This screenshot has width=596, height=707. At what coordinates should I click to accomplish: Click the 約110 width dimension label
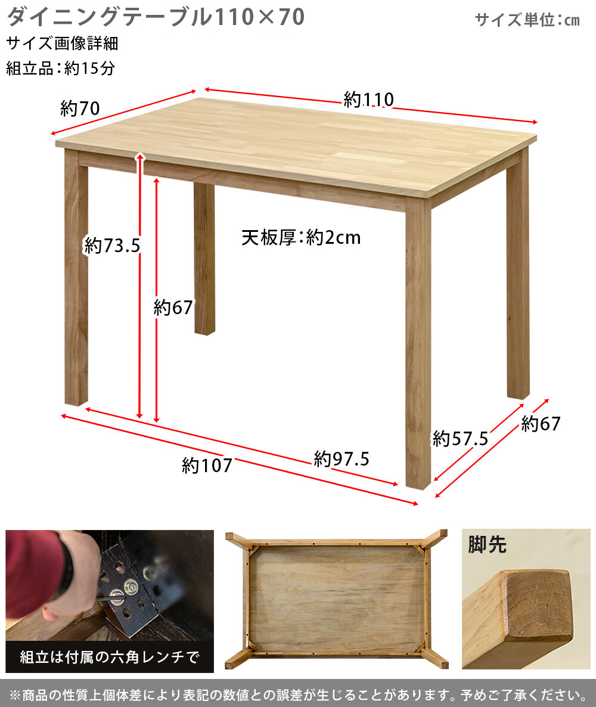(x=368, y=100)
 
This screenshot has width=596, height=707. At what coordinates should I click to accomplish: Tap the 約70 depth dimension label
(x=80, y=108)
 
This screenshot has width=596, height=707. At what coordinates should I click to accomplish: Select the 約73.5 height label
(x=112, y=246)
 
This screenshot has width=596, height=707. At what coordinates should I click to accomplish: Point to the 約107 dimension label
(x=207, y=466)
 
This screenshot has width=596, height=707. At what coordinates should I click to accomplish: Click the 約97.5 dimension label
(x=342, y=459)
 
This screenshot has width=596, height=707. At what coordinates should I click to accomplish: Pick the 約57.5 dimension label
(x=460, y=438)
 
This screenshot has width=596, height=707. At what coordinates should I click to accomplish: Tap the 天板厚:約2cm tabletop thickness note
(x=301, y=238)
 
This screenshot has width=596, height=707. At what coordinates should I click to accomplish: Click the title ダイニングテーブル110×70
(x=156, y=17)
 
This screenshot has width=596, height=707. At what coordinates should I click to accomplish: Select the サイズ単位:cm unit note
(x=527, y=20)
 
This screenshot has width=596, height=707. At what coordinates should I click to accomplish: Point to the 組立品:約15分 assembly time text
(x=60, y=69)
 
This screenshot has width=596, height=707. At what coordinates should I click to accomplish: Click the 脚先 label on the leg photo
(x=488, y=544)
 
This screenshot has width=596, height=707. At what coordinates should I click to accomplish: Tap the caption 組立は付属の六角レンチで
(x=110, y=657)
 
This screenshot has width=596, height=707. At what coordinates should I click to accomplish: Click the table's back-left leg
(x=204, y=259)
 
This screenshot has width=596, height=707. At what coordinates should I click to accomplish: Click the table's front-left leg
(x=76, y=277)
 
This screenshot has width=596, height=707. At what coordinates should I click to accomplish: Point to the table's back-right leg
(x=517, y=273)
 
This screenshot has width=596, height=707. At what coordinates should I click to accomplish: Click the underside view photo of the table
(x=336, y=599)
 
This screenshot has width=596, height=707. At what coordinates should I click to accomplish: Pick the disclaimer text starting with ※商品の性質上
(x=298, y=695)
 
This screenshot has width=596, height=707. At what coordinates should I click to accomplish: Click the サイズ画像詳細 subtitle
(x=62, y=44)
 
